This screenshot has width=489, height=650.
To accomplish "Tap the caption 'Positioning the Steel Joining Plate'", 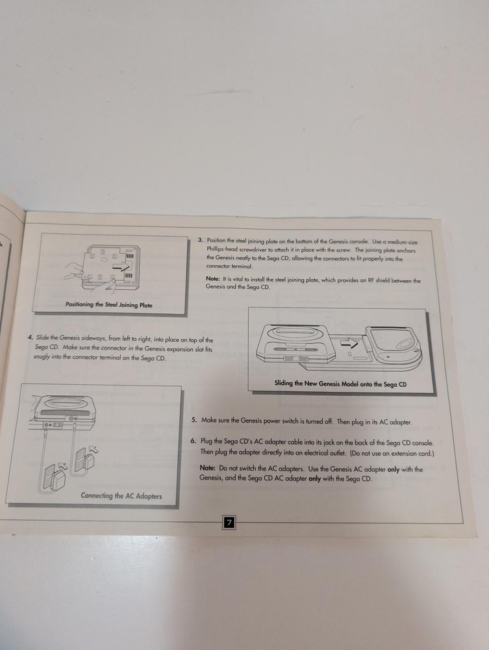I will click(x=109, y=304).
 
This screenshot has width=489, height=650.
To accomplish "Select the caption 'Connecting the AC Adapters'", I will click(x=121, y=495).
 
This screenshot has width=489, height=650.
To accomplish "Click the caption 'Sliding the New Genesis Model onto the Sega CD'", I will click(x=340, y=383).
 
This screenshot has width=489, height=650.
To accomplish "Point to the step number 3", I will click(x=201, y=240).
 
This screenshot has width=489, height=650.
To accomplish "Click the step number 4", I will click(x=30, y=337).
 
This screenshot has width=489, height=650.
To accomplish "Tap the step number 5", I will click(x=194, y=421).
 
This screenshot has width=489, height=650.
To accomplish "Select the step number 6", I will click(x=194, y=441).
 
